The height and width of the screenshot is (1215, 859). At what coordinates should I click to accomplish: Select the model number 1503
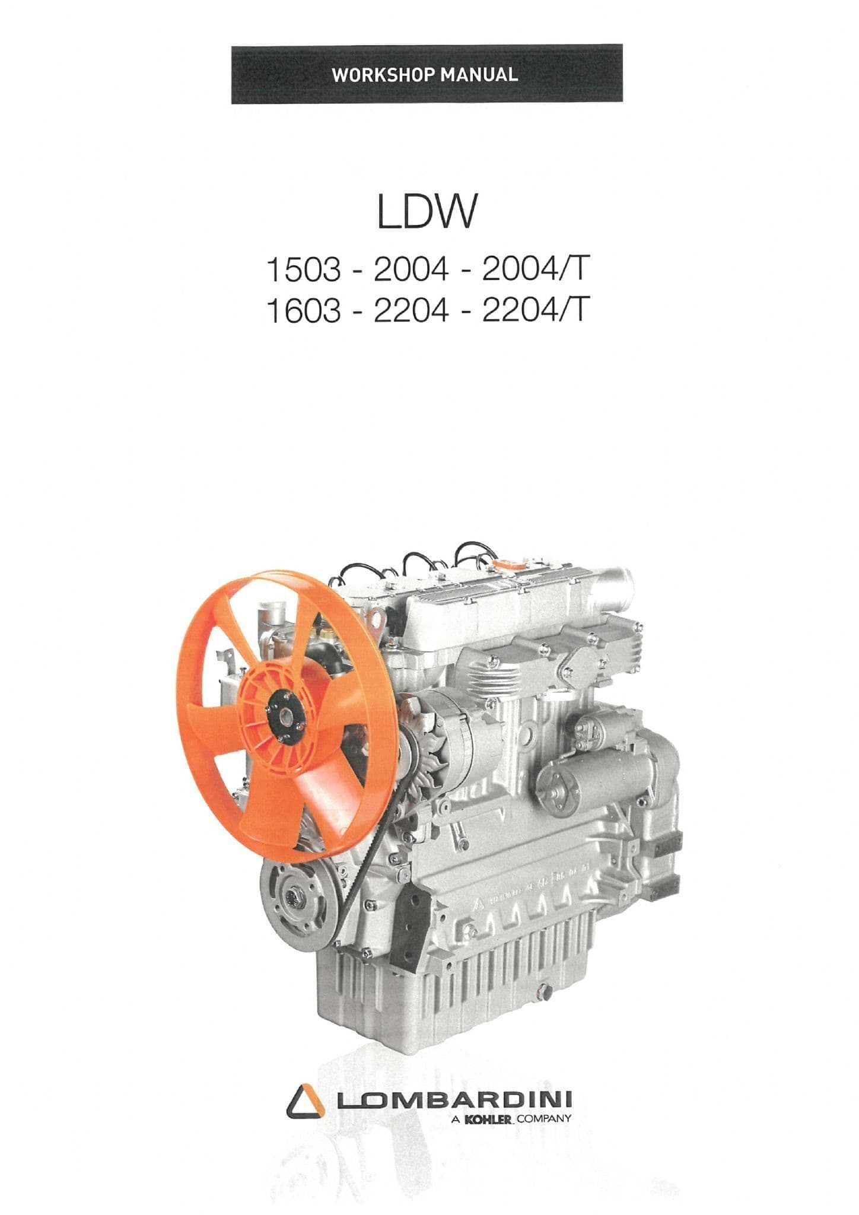point(304,271)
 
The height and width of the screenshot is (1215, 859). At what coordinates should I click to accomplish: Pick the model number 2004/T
point(537,271)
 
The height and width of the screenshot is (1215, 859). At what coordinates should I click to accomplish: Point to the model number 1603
point(304,311)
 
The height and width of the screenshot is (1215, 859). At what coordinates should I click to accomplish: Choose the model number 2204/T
point(537,311)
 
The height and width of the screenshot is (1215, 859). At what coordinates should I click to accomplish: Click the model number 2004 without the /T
point(410,271)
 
